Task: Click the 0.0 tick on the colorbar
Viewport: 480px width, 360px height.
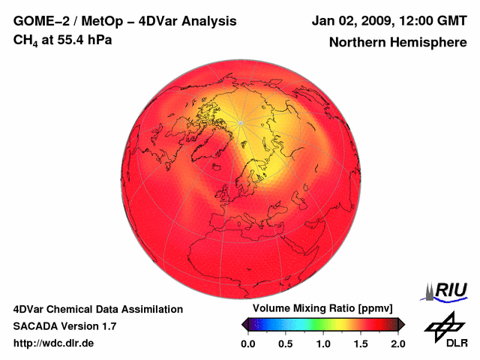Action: pos(247,343)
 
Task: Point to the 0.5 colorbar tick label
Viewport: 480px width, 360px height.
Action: pos(285,343)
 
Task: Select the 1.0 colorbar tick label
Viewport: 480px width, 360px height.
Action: pos(323,343)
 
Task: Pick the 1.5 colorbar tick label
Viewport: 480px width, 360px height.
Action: pos(361,343)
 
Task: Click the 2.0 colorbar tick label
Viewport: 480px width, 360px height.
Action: pos(397,343)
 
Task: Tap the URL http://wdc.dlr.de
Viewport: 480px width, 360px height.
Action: pos(55,343)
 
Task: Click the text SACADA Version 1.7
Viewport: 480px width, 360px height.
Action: pos(64,326)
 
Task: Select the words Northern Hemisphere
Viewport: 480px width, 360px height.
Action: pos(397,43)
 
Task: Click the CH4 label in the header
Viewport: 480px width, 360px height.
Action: pos(25,40)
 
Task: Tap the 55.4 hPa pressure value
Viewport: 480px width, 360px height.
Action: pos(87,39)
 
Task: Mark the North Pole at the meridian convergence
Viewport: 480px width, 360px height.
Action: pos(241,122)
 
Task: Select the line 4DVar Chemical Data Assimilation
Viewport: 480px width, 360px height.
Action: pos(97,309)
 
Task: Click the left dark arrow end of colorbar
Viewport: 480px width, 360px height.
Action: pos(245,323)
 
